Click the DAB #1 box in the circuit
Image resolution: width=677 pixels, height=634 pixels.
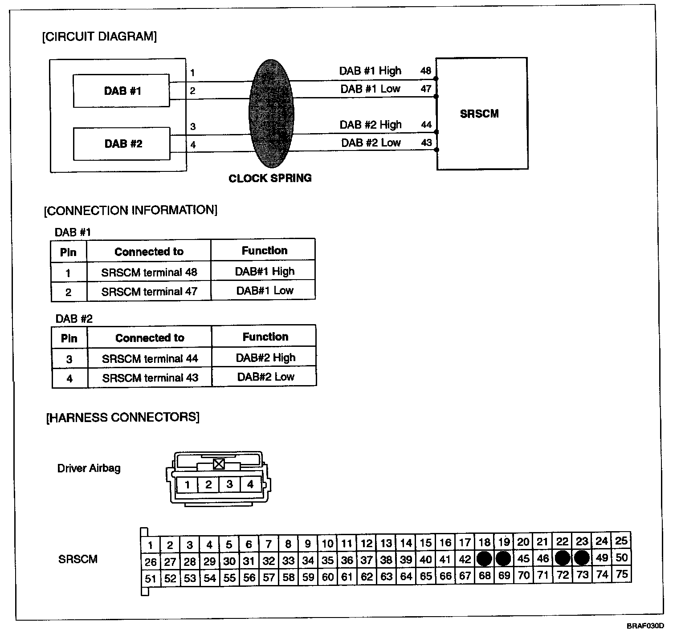121,91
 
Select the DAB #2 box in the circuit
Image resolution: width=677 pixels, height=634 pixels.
122,144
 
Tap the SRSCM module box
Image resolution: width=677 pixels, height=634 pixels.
481,114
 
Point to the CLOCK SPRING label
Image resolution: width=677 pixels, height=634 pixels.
270,179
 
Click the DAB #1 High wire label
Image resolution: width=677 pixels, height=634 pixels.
370,71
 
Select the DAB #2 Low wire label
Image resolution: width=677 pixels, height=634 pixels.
371,143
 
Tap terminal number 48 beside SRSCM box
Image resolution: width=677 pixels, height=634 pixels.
426,71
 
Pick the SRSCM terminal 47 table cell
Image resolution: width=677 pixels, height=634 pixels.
149,292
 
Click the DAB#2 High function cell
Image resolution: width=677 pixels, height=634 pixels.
265,358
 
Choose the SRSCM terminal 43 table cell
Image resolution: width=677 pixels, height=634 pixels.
150,378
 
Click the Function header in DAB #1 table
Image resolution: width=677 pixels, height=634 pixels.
265,251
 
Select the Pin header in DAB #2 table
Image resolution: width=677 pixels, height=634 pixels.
69,338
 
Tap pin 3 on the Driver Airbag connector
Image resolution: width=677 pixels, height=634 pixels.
229,484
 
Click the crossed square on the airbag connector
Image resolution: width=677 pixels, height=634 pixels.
218,464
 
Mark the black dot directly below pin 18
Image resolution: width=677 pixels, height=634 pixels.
484,558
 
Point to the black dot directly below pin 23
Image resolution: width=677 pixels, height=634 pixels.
581,558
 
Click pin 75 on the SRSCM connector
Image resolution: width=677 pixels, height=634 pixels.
621,574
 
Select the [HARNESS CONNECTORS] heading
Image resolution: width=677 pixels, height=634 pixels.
123,417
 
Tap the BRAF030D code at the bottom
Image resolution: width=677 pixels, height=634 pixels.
645,626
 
